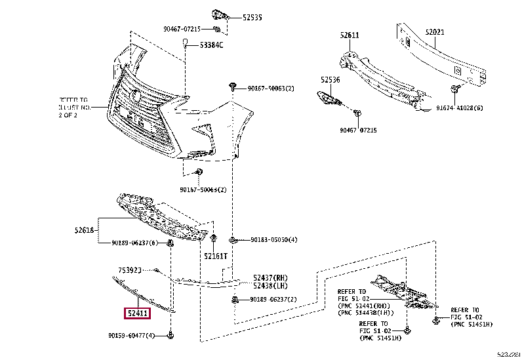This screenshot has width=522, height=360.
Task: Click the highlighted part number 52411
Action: [x=138, y=313]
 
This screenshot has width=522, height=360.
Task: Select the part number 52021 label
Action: [x=434, y=31]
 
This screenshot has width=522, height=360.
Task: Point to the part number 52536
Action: [x=331, y=80]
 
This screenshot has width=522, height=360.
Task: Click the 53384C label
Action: [x=211, y=45]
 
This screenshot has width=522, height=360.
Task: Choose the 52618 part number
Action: [x=84, y=230]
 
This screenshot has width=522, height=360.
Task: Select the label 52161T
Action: [x=215, y=256]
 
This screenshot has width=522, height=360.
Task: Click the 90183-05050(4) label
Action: [x=273, y=240]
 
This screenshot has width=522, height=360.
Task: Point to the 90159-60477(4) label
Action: [x=132, y=336]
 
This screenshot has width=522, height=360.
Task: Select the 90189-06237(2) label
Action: [x=273, y=300]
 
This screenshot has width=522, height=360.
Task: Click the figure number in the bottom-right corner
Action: [x=509, y=354]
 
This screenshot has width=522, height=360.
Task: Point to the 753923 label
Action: [x=131, y=270]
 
